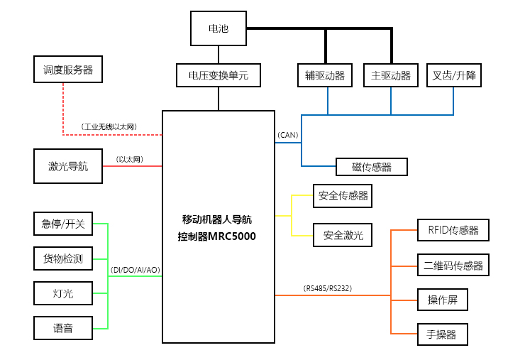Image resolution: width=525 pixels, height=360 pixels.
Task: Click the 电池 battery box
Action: coord(219,28)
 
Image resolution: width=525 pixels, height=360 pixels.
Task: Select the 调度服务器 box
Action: coord(68,70)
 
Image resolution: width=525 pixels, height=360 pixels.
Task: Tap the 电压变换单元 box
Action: coord(219,75)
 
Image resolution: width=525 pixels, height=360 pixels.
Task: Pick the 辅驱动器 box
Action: coord(325,75)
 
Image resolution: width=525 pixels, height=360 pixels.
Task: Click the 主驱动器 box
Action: coord(391,75)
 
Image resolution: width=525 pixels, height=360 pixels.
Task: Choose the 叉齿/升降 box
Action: coord(453,75)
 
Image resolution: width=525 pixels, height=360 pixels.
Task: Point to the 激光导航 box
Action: coord(68,166)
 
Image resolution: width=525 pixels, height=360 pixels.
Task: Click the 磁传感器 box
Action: coord(372,167)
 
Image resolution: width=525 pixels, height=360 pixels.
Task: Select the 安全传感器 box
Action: coord(343,196)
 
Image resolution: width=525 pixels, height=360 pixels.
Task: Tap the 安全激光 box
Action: coord(343,235)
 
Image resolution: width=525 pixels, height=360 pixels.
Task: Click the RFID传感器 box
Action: coord(453,230)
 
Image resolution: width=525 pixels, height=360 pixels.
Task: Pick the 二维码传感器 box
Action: coord(453,265)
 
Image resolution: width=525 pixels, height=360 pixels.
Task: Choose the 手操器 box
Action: coord(442,334)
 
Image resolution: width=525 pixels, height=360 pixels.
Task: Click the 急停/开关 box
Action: coord(63,224)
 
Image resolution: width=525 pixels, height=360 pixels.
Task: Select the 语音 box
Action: coord(63,328)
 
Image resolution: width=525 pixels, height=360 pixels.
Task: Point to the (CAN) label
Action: coord(287,135)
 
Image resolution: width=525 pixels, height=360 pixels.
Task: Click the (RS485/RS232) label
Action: coord(328,288)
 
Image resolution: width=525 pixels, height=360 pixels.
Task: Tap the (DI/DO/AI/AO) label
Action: coord(136,270)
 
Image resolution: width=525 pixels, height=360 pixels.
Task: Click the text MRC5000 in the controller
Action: coord(232,236)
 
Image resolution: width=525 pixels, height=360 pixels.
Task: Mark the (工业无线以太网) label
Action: coord(109,126)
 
